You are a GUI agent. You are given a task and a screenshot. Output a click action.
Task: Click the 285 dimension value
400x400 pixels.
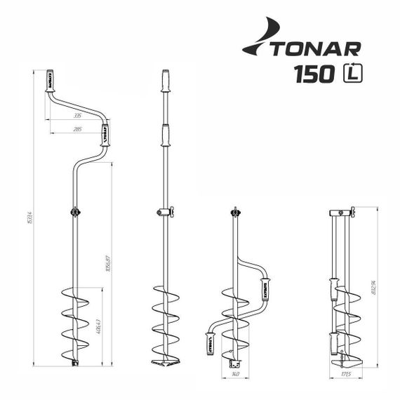(x=77, y=130)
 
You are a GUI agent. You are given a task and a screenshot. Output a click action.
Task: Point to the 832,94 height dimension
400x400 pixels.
(x=375, y=288)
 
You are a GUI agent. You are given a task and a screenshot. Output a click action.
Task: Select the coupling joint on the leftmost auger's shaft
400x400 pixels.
(x=73, y=211)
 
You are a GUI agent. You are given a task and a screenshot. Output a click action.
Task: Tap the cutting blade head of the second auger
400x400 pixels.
(x=166, y=359)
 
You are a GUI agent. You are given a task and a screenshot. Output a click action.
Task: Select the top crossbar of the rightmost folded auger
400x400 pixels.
(x=342, y=211)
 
